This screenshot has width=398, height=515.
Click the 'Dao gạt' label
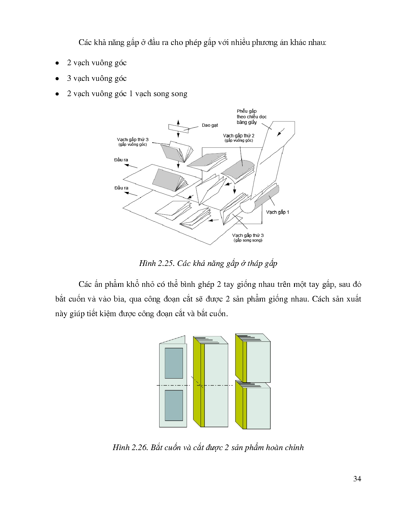(x=209, y=125)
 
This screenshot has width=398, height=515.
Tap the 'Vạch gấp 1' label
(x=278, y=212)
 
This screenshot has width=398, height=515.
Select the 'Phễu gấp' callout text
(x=247, y=111)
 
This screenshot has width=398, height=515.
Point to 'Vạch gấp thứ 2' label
(x=238, y=136)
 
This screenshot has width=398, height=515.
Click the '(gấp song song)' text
(x=248, y=240)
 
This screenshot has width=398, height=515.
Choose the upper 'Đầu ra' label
(x=121, y=160)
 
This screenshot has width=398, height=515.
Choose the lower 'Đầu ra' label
(x=121, y=188)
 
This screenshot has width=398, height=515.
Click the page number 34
(x=357, y=479)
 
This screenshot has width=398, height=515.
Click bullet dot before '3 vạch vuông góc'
(x=57, y=79)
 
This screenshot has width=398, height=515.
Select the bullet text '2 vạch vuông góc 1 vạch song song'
(x=127, y=94)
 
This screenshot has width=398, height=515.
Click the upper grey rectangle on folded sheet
(x=174, y=363)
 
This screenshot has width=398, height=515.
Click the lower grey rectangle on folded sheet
(x=174, y=405)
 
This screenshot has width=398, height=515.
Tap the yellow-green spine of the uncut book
(x=199, y=384)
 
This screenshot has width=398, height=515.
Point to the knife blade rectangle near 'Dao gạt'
(x=178, y=129)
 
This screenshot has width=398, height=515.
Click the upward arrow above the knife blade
(x=178, y=121)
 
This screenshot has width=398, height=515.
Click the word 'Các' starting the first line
(x=85, y=42)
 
